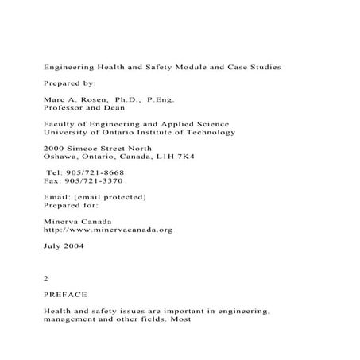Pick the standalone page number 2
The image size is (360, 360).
(x=45, y=279)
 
